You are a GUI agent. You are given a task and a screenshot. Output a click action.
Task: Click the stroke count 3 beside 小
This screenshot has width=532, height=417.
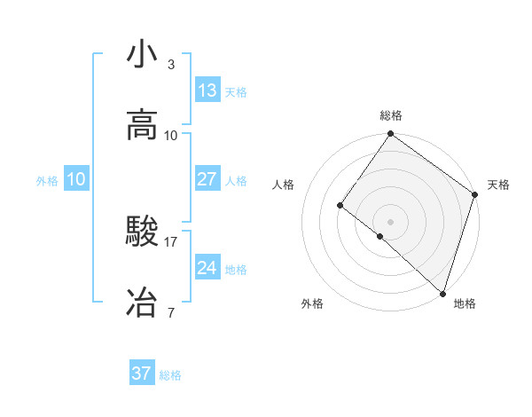[171, 65]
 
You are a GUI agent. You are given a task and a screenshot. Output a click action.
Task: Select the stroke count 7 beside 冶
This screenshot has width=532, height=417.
[171, 312]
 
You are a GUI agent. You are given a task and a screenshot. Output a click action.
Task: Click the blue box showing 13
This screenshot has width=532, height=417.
[207, 90]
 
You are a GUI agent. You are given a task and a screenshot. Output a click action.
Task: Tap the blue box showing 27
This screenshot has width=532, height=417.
[207, 179]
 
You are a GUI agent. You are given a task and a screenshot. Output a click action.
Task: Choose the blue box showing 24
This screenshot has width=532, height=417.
[207, 268]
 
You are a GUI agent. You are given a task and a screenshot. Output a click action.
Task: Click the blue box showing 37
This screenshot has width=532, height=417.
[141, 374]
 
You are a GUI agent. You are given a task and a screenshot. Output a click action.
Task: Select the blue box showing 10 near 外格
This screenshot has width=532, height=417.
[75, 179]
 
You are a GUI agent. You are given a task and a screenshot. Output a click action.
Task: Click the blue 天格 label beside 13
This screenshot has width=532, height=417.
[235, 91]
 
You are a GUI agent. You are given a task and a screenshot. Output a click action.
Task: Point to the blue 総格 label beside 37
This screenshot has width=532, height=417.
[170, 375]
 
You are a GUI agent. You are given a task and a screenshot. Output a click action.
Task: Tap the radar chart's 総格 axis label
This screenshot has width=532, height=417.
[391, 115]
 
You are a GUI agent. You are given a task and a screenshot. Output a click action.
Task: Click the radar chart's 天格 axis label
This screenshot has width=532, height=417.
[498, 185]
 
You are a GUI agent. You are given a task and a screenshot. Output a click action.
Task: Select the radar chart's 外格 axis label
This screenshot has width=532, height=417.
[312, 303]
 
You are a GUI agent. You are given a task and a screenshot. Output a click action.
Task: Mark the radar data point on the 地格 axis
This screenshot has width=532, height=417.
[442, 293]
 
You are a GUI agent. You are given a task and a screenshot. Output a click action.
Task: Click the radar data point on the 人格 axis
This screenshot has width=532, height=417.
[340, 206]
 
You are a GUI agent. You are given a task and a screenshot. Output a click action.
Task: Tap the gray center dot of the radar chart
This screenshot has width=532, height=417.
[391, 221]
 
